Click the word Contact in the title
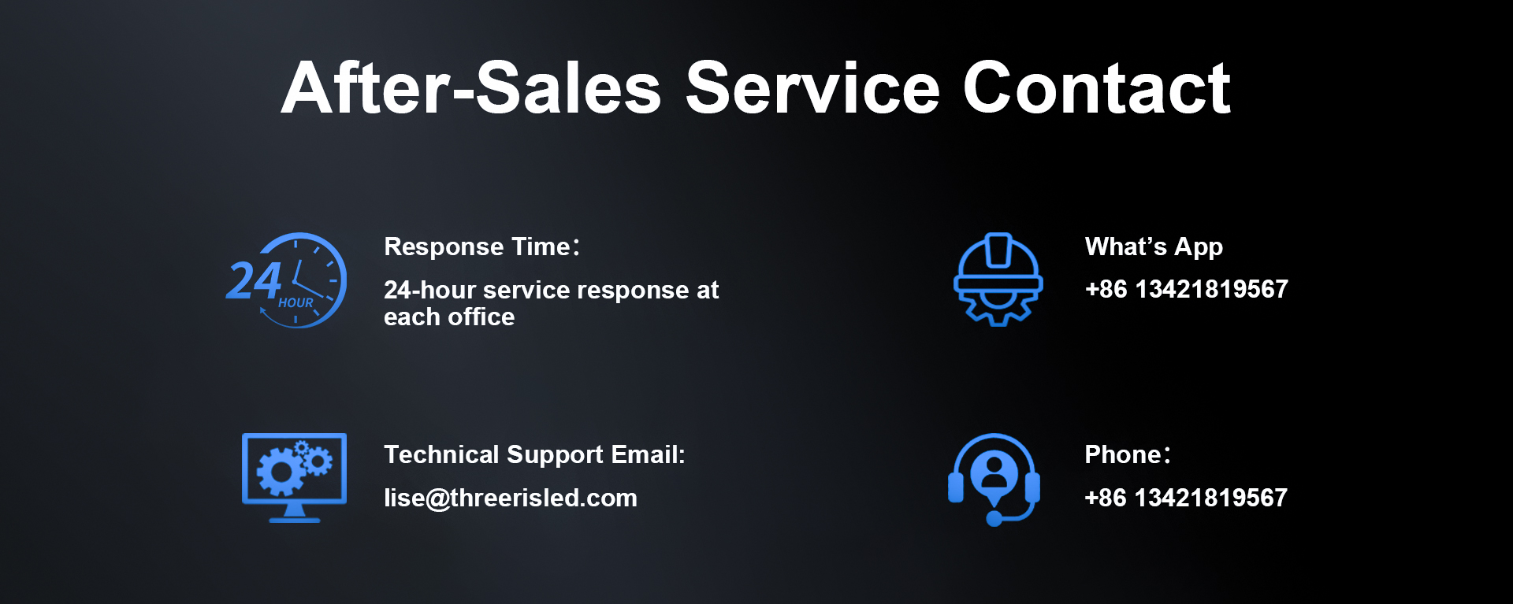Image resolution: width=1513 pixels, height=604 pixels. [x=1096, y=88]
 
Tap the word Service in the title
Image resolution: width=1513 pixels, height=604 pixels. [x=812, y=88]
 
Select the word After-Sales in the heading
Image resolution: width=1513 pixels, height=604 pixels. [x=471, y=88]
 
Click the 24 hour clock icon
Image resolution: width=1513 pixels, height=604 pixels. [x=286, y=280]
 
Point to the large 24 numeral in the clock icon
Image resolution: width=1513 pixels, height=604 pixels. [x=254, y=280]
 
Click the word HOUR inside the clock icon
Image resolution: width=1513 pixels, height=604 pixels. [x=296, y=302]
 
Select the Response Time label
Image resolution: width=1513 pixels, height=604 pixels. [x=482, y=246]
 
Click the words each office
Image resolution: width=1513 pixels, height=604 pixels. [x=449, y=317]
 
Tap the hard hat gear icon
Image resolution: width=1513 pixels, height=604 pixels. [x=998, y=280]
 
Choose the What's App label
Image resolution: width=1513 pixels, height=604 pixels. [x=1154, y=247]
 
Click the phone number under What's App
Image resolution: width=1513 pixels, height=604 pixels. [x=1186, y=289]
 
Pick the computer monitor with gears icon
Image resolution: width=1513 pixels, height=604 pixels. [x=294, y=477]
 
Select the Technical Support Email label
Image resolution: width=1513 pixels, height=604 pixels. [x=534, y=455]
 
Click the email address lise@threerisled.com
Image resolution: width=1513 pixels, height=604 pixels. [x=511, y=498]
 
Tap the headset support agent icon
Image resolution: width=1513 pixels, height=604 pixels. [x=994, y=479]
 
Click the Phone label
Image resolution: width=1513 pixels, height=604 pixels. [x=1128, y=454]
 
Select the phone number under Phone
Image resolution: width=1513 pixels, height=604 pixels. [x=1186, y=498]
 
